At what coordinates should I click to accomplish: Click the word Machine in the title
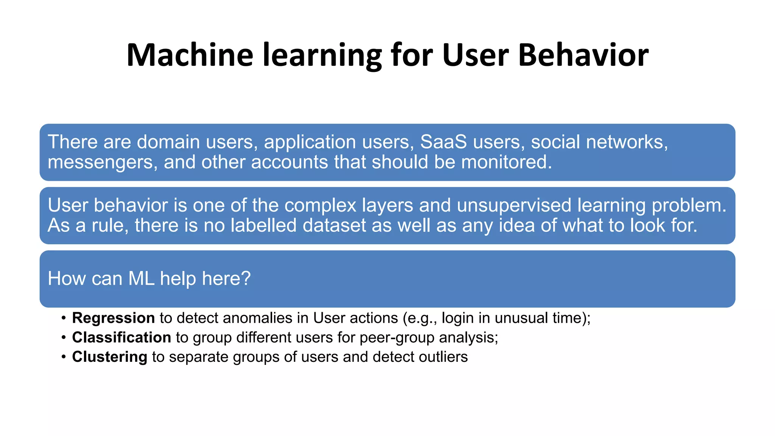click(x=190, y=55)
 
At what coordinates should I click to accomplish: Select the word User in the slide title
click(x=475, y=55)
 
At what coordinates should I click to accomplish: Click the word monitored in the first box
click(x=506, y=162)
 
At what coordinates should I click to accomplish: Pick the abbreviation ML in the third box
click(x=141, y=279)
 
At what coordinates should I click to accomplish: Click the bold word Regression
click(x=113, y=318)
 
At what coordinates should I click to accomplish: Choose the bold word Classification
click(x=121, y=338)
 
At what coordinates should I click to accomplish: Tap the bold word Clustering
click(x=109, y=357)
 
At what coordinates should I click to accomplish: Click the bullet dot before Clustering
click(x=64, y=357)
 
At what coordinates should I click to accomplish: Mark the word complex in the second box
click(x=320, y=206)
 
